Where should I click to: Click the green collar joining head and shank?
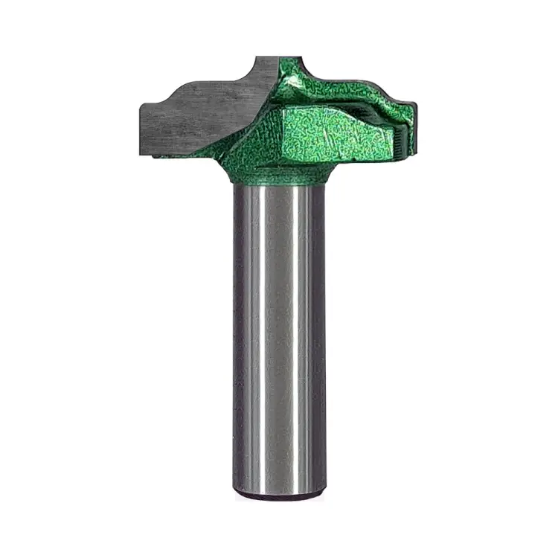coord(279,176)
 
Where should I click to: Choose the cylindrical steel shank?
coord(279,335)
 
